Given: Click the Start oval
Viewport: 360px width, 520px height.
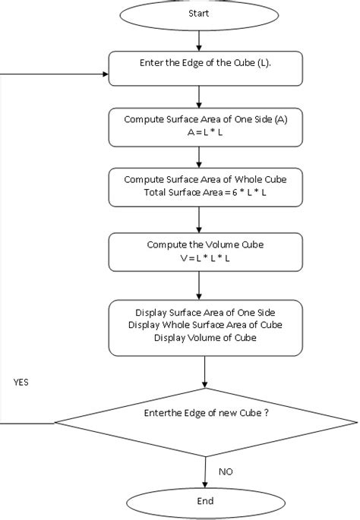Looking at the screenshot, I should [198, 14].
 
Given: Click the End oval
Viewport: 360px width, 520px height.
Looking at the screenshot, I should [205, 502].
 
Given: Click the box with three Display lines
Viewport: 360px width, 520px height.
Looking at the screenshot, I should [205, 326].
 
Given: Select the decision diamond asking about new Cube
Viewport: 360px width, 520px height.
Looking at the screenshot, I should [205, 413].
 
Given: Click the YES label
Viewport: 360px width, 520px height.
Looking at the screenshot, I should [21, 383].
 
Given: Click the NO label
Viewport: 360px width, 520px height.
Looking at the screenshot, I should [226, 471].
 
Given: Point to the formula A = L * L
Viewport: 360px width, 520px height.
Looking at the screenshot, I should [199, 132].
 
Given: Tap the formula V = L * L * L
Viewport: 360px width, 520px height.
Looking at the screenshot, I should [199, 257].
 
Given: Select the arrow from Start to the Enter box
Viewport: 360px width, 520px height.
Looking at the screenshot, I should [198, 40].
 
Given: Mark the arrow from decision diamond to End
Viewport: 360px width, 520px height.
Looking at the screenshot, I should [205, 471].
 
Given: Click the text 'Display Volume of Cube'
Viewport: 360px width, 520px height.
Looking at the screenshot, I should [205, 339].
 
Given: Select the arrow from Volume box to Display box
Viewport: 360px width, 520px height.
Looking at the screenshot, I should [198, 285].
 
